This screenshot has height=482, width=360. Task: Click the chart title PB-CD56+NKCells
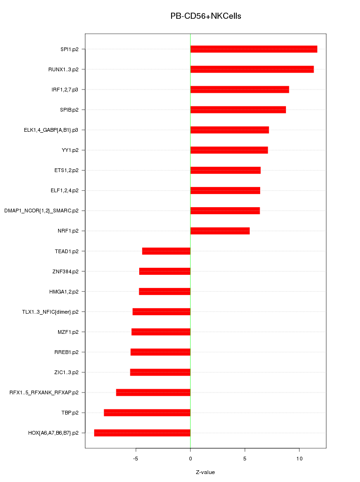[206, 16]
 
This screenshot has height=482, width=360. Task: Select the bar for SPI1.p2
[254, 49]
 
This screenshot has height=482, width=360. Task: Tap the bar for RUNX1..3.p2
[252, 69]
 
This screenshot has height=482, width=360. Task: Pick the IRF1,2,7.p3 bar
[240, 90]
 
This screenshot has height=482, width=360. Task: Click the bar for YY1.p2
[229, 150]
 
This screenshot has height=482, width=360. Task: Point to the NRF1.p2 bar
[220, 231]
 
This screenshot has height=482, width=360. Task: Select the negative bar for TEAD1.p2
[166, 251]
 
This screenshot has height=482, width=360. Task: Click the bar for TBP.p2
[147, 413]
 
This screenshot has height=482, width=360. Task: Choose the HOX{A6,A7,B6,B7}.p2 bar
[142, 433]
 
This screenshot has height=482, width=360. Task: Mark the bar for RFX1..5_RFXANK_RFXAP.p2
[153, 392]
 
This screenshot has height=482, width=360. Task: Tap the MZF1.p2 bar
[161, 332]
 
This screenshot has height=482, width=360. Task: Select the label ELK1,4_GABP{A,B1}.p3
[51, 130]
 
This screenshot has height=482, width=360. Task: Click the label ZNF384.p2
[65, 271]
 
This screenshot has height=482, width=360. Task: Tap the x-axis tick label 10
[299, 458]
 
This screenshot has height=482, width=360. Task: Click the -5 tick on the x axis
[135, 458]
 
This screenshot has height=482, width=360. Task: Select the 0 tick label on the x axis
[190, 458]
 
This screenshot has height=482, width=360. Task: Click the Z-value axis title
[205, 472]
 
